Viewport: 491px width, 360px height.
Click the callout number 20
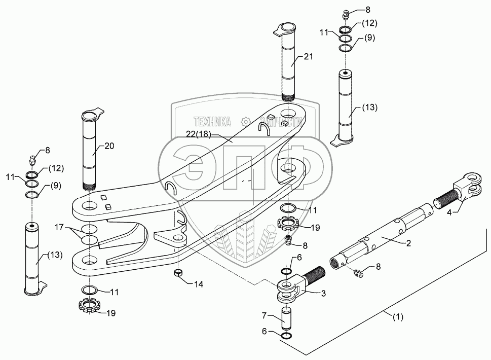[x=109, y=146]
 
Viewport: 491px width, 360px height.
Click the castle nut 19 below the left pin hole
[x=89, y=307]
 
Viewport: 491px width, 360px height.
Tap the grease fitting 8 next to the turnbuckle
[x=358, y=274]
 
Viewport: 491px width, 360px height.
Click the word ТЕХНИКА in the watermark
[x=212, y=122]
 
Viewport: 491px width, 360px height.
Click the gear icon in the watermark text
[x=246, y=122]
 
